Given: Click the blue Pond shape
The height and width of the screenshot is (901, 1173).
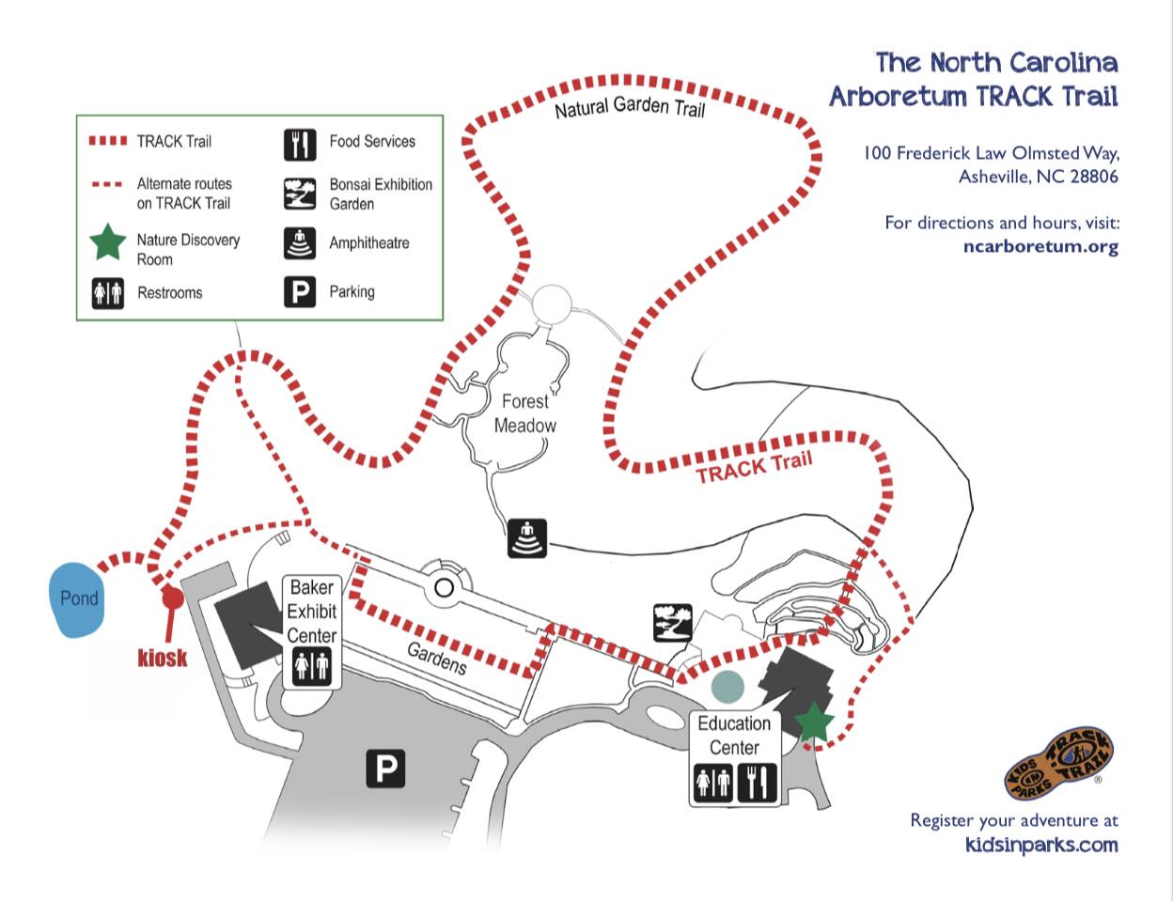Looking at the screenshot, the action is click(x=76, y=600).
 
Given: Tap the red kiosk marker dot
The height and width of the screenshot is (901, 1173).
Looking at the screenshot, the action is click(x=173, y=598).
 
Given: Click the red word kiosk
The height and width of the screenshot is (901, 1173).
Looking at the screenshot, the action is click(x=162, y=659).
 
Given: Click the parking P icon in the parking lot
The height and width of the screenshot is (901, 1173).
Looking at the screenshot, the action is click(x=385, y=769).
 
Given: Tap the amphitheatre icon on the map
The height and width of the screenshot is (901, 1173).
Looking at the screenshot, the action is click(x=527, y=538).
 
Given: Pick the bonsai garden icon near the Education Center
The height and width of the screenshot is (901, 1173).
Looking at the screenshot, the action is click(x=673, y=623).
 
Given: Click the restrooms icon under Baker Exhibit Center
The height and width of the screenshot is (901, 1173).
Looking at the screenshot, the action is click(x=311, y=667).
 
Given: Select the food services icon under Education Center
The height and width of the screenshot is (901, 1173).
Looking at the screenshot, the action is click(x=757, y=783).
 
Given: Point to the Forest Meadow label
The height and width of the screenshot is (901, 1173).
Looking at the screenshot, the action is click(x=524, y=413).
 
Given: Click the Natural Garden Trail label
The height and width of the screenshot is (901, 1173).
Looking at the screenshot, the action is click(x=630, y=107).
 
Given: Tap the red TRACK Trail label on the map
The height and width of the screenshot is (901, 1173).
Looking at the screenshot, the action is click(x=754, y=468).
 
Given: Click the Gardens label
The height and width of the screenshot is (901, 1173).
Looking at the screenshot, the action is click(x=437, y=659).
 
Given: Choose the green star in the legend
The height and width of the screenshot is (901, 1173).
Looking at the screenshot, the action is click(x=108, y=242).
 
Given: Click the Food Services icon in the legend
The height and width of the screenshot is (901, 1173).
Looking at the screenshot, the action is click(x=300, y=145).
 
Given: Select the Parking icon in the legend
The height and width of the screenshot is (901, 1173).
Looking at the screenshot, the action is click(x=300, y=292).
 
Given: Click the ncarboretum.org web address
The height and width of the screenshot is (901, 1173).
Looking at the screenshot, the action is click(x=1040, y=247).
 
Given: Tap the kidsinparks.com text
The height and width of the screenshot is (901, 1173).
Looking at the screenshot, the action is click(x=1041, y=845).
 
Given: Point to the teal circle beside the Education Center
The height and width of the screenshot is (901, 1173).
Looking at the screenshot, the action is click(x=727, y=687).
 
